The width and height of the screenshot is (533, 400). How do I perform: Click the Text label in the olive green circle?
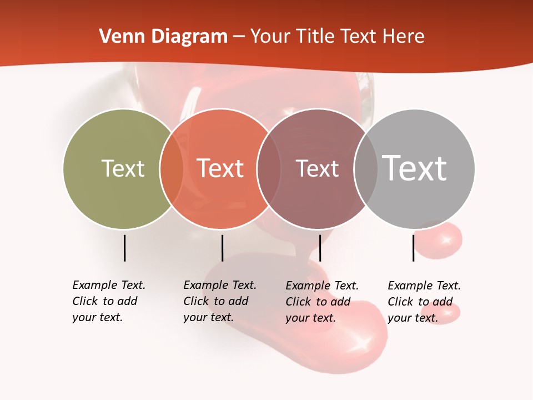[123, 168]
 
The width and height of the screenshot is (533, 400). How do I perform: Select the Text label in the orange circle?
[220, 168]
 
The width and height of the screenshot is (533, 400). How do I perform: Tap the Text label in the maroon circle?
[317, 168]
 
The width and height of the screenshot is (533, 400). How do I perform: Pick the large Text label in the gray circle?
[414, 168]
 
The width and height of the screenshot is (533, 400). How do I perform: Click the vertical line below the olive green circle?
[124, 248]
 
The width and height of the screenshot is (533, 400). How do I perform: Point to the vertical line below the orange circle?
[222, 248]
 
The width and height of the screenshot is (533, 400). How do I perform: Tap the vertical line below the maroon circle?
[320, 248]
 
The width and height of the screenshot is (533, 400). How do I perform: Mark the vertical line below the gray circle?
[413, 248]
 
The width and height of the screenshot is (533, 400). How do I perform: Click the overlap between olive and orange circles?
[172, 169]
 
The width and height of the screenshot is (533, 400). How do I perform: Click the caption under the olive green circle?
[108, 301]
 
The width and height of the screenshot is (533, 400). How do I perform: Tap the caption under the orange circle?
[219, 301]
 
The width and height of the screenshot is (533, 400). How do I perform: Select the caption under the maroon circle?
[321, 302]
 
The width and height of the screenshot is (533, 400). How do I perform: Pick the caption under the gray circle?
[424, 302]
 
